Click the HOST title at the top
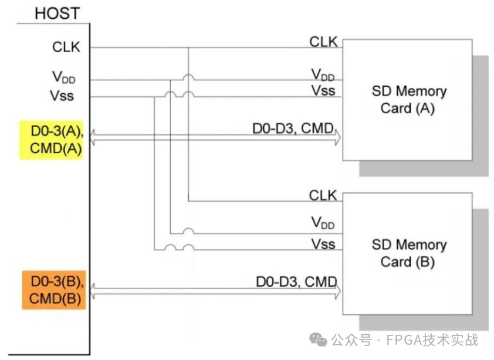[57, 13]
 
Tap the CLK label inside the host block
[66, 47]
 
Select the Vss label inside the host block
[62, 96]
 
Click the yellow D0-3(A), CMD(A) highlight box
[51, 140]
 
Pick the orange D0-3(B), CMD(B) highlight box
[54, 290]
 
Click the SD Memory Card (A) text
[409, 100]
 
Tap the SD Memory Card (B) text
[409, 253]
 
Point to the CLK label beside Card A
[323, 42]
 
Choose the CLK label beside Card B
[323, 196]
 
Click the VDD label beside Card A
[323, 75]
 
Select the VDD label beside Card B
[323, 223]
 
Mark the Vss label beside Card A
[323, 90]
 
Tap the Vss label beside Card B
[323, 244]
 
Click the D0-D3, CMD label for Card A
[293, 129]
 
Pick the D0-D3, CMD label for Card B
[296, 282]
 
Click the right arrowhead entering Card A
[337, 138]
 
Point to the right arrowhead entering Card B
[337, 291]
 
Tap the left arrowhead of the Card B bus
[93, 291]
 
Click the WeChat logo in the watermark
[318, 340]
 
